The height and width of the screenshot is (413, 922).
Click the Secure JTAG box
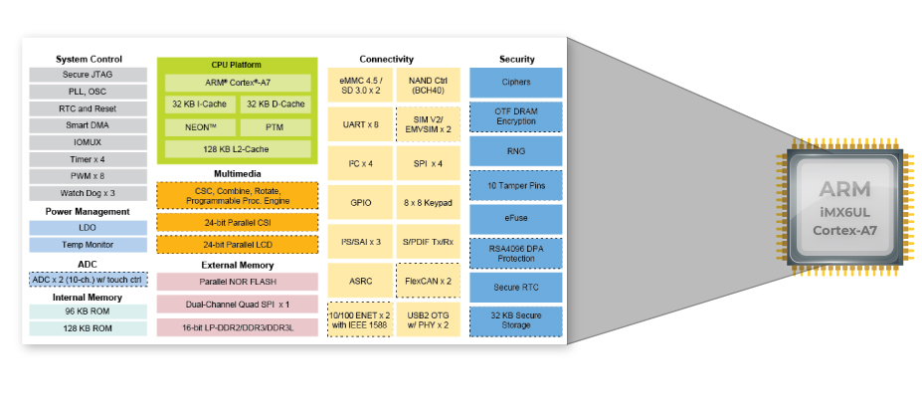point(88,75)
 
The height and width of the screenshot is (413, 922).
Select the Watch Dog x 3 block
point(88,193)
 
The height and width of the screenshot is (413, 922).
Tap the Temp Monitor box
point(88,245)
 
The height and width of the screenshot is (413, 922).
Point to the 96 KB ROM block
point(88,311)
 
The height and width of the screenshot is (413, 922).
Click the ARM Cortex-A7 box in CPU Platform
point(238,83)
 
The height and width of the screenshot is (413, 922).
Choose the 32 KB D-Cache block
point(276,104)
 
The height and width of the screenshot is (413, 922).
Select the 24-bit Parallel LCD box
point(237,244)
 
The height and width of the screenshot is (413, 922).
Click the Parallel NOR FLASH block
point(237,282)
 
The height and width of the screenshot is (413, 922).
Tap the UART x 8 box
point(360,124)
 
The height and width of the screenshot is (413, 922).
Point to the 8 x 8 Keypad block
point(428,203)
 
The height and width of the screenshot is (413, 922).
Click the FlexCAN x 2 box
point(428,281)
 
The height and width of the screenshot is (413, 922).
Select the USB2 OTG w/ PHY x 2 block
point(428,319)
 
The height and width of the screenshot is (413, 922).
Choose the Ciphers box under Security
point(515,83)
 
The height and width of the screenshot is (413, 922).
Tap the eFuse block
point(515,218)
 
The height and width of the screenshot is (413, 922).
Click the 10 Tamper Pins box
point(515,185)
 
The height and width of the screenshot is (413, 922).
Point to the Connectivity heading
point(386,60)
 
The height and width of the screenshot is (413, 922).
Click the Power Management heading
point(88,212)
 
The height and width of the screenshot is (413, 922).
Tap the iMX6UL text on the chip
point(844,212)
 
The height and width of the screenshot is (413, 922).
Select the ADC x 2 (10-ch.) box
point(88,280)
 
